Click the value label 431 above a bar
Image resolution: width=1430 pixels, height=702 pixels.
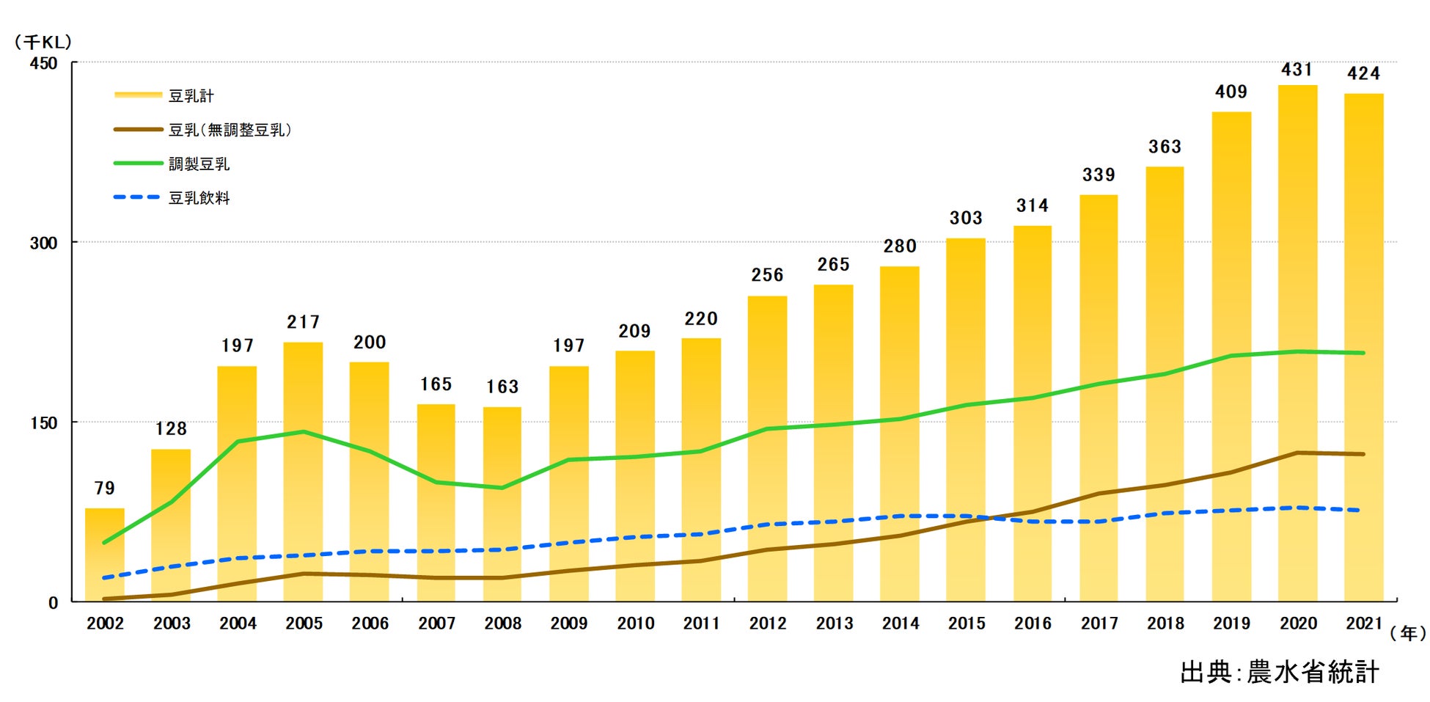(1297, 70)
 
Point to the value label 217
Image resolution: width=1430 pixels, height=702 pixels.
(303, 322)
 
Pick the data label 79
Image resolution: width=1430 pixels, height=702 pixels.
(105, 489)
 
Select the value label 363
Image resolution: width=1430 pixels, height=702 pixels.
(1165, 147)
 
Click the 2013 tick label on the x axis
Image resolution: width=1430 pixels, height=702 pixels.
(835, 624)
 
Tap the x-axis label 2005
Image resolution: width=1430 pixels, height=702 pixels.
(304, 624)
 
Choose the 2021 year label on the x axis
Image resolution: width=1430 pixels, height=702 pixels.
(1363, 624)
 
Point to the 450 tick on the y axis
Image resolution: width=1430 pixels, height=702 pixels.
(43, 63)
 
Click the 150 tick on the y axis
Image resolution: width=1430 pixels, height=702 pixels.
(43, 423)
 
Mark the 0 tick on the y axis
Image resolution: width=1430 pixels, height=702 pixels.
(53, 603)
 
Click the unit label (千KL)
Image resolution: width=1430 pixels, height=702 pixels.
(43, 42)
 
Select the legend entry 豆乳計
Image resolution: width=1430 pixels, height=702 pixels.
(191, 96)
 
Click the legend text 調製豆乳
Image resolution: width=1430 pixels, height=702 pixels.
(199, 164)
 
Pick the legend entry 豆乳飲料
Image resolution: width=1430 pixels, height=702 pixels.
(199, 198)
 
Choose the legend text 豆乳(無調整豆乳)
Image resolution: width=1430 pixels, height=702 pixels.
(230, 130)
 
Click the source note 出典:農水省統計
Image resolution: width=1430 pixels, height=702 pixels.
(1280, 672)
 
